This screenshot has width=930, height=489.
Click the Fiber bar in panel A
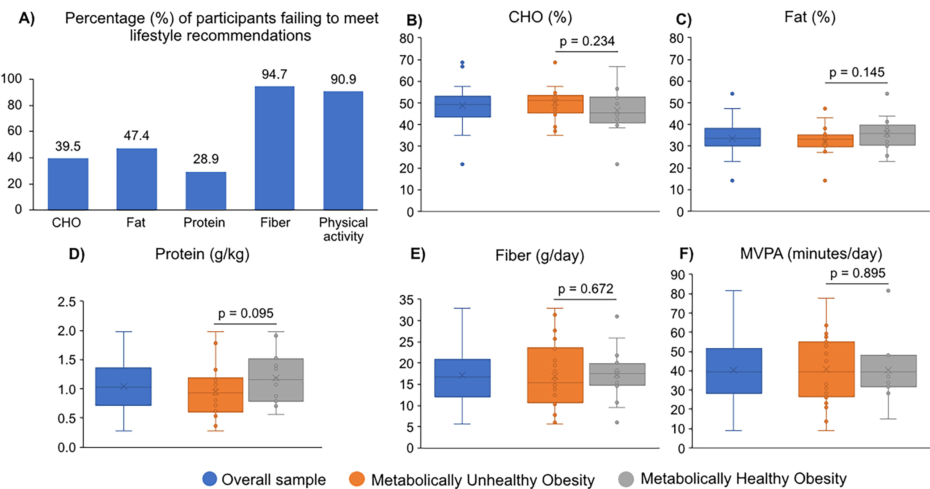[x=274, y=148]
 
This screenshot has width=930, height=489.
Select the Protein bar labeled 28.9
[x=206, y=191]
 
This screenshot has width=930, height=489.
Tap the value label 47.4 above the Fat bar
[x=137, y=136]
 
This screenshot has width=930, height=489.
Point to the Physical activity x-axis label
[x=343, y=229]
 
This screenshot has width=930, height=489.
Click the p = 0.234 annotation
[x=587, y=41]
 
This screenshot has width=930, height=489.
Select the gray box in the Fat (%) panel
[x=887, y=135]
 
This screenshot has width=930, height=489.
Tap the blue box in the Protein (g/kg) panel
[x=124, y=386]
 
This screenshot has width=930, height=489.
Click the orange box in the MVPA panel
[x=826, y=369]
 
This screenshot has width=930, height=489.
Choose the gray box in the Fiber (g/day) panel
[x=617, y=374]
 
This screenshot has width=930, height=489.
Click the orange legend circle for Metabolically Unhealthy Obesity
[x=357, y=479]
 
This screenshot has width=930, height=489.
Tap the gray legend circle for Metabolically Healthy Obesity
[x=626, y=479]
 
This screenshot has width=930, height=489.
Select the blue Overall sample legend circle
[x=210, y=479]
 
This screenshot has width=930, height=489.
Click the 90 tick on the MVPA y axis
[x=678, y=275]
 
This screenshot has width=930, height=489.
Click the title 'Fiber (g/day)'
[x=540, y=255]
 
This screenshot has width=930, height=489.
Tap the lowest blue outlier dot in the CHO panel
[x=462, y=164]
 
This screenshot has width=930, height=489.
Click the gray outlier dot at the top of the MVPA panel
[x=889, y=291]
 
